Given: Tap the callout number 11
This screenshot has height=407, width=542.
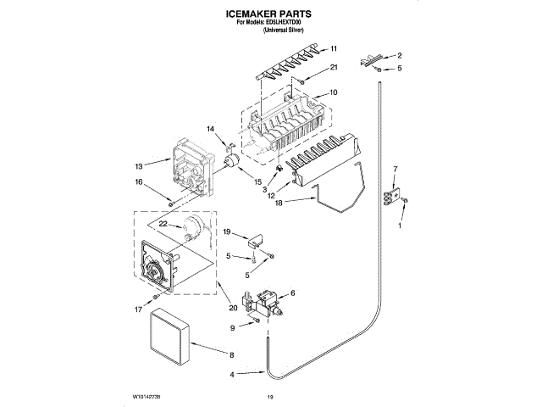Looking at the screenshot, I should point(334,48).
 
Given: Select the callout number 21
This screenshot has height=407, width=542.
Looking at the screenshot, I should point(334,67).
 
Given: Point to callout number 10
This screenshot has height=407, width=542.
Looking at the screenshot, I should point(334,92).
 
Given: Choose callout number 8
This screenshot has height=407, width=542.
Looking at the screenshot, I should point(231,354).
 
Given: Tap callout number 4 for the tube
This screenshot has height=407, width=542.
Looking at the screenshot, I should point(231,374).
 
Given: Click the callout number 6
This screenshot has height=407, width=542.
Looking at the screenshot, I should point(293,293).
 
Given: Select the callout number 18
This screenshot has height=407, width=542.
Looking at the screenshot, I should point(279,203).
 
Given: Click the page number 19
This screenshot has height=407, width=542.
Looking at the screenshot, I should point(270,395).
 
